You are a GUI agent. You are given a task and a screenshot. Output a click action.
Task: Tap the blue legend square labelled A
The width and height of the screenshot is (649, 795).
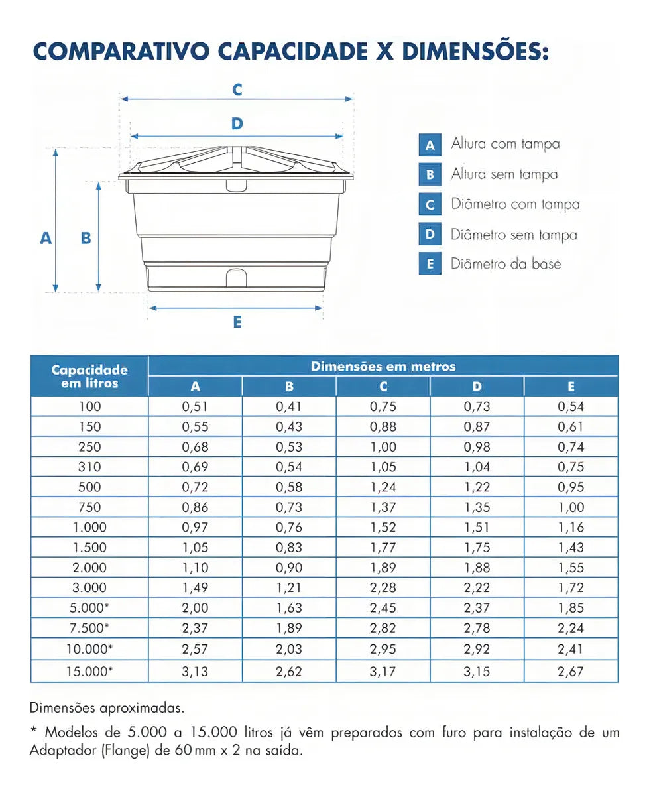click(430, 145)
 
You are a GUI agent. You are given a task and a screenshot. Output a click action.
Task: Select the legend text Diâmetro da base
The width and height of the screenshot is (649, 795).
click(506, 264)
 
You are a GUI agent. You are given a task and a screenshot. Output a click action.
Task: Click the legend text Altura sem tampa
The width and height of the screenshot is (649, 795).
click(504, 174)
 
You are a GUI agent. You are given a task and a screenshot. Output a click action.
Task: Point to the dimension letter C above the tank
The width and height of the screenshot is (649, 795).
click(237, 89)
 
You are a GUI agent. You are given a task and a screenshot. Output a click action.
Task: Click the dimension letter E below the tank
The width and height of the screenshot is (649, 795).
click(237, 322)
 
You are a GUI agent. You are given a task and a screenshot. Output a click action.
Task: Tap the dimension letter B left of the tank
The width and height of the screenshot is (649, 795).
click(86, 237)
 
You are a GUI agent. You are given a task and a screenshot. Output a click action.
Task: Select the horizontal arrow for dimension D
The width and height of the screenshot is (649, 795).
click(237, 136)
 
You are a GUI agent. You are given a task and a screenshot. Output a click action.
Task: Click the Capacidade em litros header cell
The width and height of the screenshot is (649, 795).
click(89, 376)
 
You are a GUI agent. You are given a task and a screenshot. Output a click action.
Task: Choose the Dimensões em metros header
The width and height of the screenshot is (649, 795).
click(383, 366)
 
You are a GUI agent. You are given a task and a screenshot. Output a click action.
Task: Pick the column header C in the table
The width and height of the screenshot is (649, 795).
click(383, 387)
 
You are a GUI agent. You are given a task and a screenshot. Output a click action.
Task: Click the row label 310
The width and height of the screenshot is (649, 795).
click(89, 467)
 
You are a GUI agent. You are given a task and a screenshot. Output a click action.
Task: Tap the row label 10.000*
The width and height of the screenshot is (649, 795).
click(89, 648)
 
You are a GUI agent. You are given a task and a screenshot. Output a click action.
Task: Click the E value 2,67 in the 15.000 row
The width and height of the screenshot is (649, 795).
click(571, 671)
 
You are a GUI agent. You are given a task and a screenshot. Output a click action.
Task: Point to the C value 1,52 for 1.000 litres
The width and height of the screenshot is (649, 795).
click(383, 527)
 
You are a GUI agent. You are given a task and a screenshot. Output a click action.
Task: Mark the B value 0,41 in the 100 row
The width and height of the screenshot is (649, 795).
click(289, 406)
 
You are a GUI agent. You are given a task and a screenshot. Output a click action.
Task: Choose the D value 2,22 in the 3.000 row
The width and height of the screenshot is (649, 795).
click(477, 587)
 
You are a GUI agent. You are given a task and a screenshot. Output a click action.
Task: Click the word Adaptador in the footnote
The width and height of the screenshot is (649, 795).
click(62, 751)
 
